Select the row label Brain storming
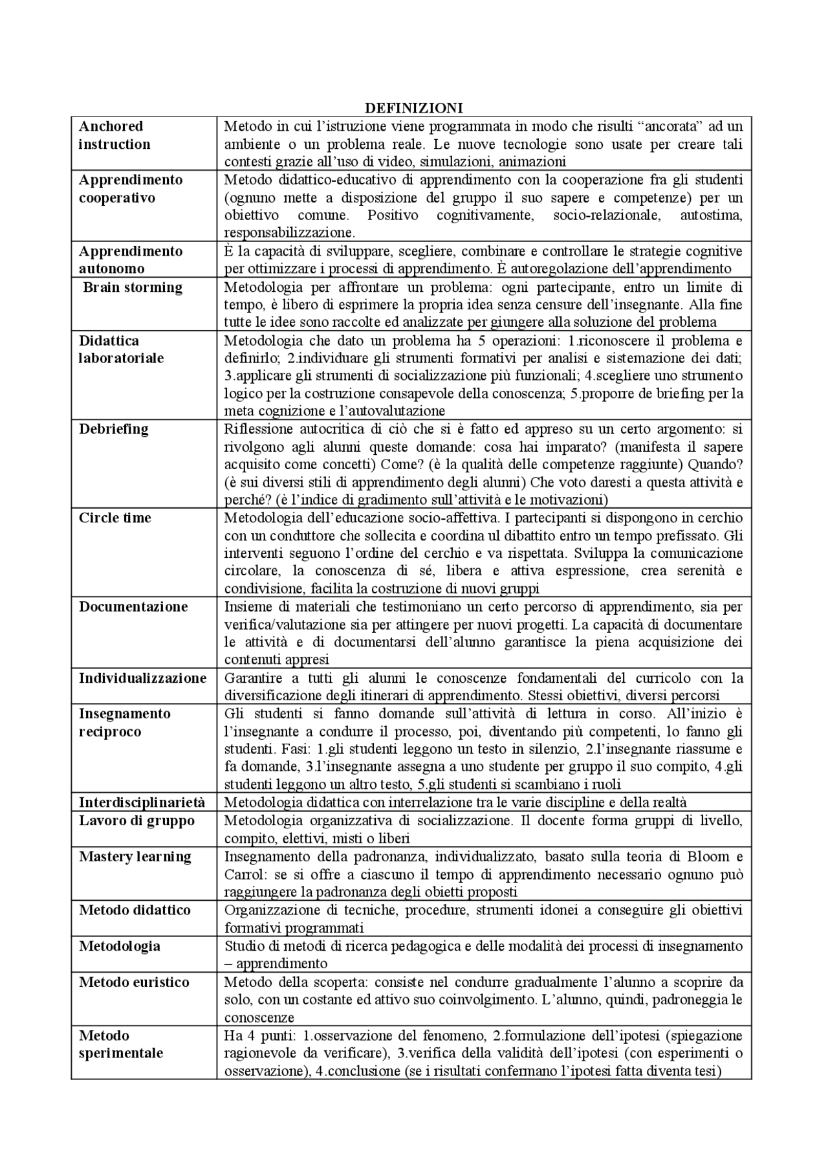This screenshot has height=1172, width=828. coord(133,287)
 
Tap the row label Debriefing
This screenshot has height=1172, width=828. coord(114,429)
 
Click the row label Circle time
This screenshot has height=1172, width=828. coord(115,518)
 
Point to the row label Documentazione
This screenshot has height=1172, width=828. coord(133,606)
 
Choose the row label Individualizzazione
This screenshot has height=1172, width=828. coord(143,678)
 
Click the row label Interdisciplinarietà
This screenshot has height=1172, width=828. coord(142,802)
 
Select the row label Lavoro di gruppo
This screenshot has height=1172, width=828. coord(136,821)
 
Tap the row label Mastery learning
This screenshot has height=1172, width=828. coord(135,857)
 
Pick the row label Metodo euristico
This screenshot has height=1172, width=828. coord(134,982)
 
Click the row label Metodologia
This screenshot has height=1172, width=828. coord(120,946)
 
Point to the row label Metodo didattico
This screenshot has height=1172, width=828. coord(135,910)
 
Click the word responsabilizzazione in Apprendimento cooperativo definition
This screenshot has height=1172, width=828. coord(289,232)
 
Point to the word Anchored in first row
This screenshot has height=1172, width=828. coord(111,126)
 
